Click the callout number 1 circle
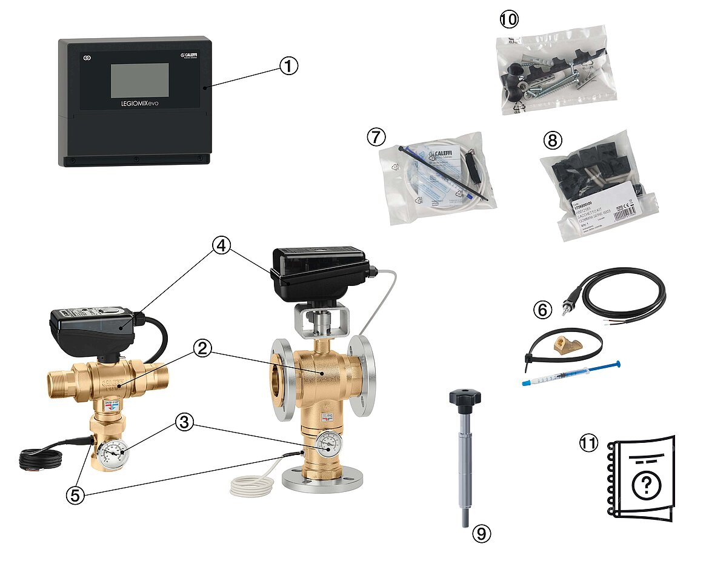pos(288,66)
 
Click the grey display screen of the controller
pos(139,80)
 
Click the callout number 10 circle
pos(509,19)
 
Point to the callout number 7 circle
pos(376,137)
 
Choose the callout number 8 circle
pos(553,141)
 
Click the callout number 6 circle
pos(542,310)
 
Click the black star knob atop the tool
pos(465,397)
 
